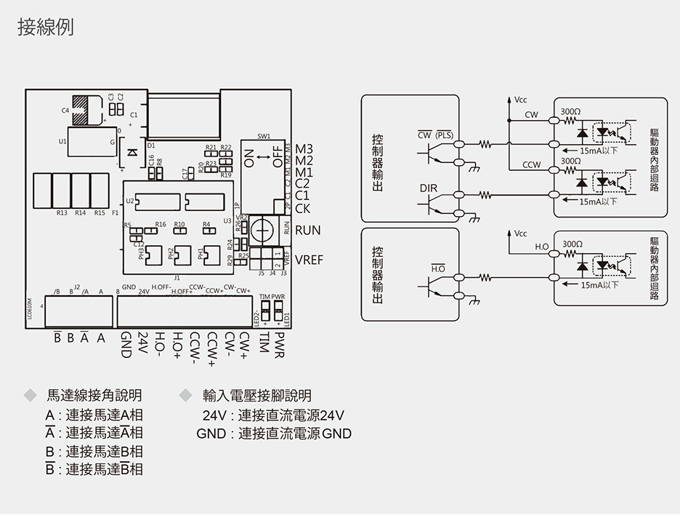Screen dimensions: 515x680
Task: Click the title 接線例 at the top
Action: click(45, 28)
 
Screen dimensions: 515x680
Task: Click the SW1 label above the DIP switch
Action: click(264, 137)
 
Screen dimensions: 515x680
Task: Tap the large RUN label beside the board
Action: click(308, 230)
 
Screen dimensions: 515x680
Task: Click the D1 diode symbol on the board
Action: click(131, 152)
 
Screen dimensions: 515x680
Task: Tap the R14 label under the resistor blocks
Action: click(80, 213)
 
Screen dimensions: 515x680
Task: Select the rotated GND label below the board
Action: click(125, 345)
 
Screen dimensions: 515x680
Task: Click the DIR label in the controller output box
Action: click(429, 188)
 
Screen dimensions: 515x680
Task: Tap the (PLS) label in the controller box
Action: click(444, 135)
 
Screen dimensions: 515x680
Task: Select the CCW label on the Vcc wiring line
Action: click(531, 165)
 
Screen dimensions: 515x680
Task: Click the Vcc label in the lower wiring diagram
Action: click(520, 234)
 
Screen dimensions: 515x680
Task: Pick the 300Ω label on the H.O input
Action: click(571, 242)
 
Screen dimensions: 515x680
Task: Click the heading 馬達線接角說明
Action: click(94, 396)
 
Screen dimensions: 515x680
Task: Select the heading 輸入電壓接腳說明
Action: click(257, 396)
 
